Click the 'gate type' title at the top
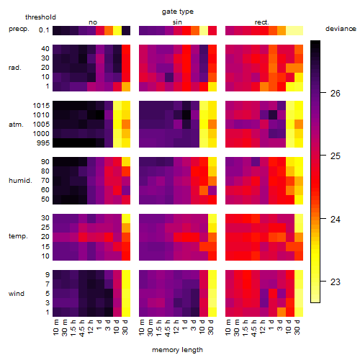click(178, 12)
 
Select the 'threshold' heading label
click(40, 17)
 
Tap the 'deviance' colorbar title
click(341, 29)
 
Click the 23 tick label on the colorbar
click(336, 282)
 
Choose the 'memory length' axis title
click(177, 350)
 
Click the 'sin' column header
click(177, 22)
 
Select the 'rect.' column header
click(261, 22)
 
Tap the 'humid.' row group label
click(20, 180)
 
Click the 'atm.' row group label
click(16, 125)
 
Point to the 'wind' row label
click(17, 293)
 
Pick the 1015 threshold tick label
click(41, 105)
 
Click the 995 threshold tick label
click(43, 143)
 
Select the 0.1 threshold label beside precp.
click(44, 30)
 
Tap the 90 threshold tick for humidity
click(45, 161)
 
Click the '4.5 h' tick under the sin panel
click(168, 327)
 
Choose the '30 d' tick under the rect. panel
click(297, 327)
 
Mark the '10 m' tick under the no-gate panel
click(55, 327)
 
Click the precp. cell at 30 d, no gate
click(126, 30)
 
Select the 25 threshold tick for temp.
click(45, 227)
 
